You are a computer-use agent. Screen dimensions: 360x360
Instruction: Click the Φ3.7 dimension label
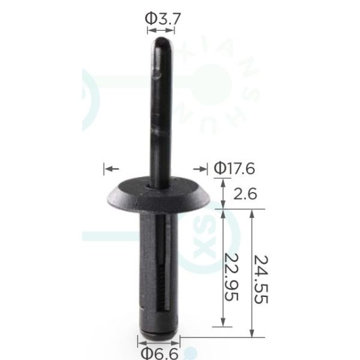(x=163, y=19)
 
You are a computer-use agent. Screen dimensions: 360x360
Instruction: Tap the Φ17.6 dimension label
(x=235, y=169)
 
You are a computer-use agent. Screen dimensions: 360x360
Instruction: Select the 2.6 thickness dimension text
(x=245, y=194)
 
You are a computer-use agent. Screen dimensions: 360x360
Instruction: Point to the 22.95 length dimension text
(x=232, y=277)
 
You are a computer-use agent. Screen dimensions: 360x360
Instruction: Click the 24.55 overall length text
(x=261, y=279)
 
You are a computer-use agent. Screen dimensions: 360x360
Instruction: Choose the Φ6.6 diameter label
(x=160, y=353)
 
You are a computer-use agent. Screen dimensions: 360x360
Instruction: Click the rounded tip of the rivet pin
(x=161, y=42)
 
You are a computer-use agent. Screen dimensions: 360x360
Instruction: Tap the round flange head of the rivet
(x=158, y=194)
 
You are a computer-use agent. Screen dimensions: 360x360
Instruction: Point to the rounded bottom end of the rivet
(x=158, y=335)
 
